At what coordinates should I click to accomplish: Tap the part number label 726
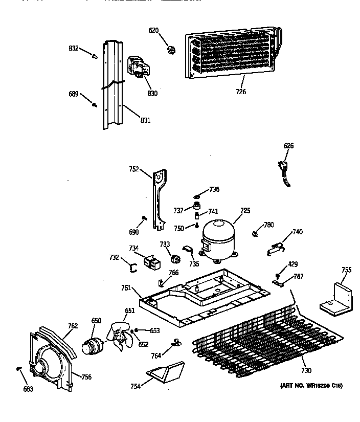tap(241, 92)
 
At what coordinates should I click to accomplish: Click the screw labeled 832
tap(94, 56)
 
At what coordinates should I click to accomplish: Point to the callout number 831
tap(145, 121)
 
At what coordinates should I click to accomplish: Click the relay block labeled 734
tap(152, 262)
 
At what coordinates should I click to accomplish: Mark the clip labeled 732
tap(132, 266)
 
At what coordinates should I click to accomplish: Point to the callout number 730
tap(306, 370)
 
